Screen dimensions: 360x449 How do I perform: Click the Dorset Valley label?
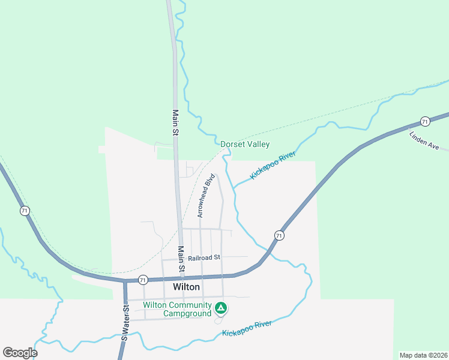click(245, 144)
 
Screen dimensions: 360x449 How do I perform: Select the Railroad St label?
click(204, 257)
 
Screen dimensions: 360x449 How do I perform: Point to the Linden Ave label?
click(425, 140)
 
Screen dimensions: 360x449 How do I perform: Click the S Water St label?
click(125, 323)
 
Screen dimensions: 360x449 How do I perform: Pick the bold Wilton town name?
click(186, 287)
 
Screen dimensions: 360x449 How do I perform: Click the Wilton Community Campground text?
click(177, 309)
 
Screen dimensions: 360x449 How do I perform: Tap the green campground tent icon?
click(221, 308)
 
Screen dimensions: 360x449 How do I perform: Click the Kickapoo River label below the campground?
click(247, 328)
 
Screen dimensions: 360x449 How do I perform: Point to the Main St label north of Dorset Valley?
click(175, 122)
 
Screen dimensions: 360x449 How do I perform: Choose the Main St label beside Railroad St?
click(181, 258)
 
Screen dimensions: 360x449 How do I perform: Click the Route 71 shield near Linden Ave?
click(425, 121)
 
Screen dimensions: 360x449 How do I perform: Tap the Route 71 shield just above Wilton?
click(142, 280)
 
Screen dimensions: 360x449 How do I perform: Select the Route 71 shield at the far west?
click(25, 211)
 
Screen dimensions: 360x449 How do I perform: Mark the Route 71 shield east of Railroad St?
click(279, 235)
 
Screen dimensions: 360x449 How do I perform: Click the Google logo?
click(20, 353)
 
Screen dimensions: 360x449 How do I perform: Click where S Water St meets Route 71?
click(125, 280)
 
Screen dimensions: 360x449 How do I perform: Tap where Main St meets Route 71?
click(182, 278)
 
